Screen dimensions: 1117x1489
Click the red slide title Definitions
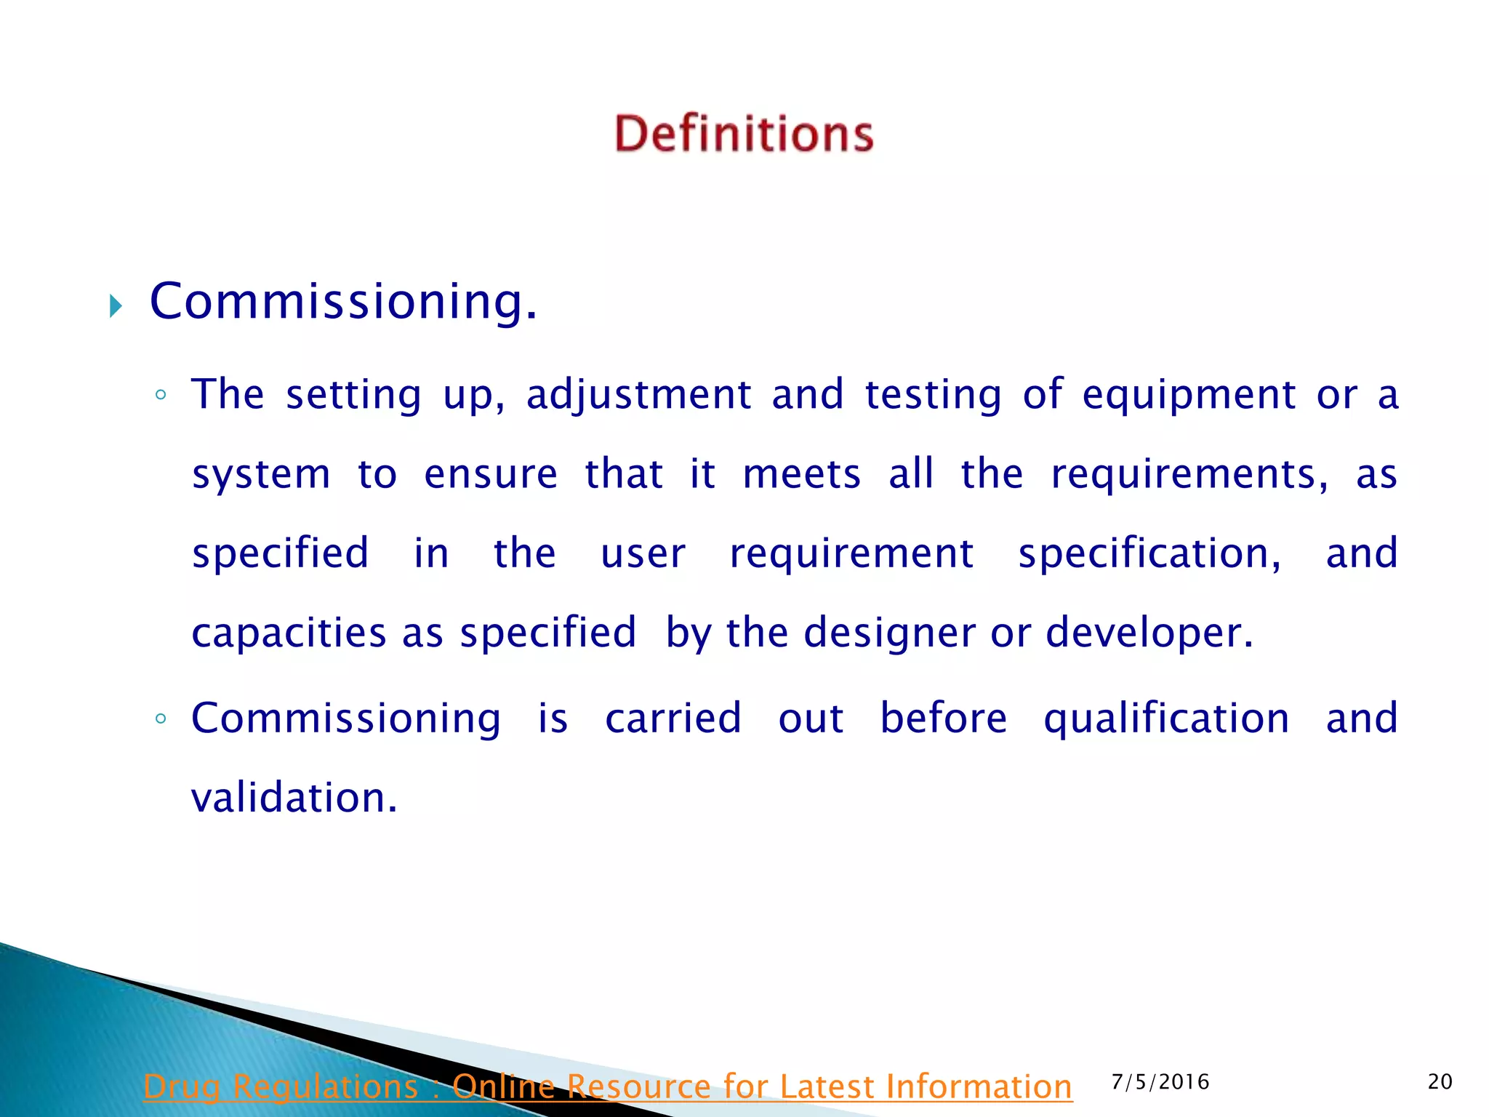[744, 134]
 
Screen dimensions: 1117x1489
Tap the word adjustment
[638, 395]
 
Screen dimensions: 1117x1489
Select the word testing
[933, 395]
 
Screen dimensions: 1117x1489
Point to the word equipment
[1189, 395]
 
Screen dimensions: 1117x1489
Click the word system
[261, 475]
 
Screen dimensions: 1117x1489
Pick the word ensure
[491, 474]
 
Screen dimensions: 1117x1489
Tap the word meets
[801, 474]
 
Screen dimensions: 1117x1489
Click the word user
[643, 553]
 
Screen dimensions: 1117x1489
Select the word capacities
[289, 632]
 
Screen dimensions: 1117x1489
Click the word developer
[1149, 633]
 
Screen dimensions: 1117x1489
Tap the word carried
[673, 718]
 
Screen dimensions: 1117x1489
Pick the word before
[944, 718]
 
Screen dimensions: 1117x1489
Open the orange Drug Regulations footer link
[607, 1086]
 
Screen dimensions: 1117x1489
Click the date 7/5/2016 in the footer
[1160, 1082]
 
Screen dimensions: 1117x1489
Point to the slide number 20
[1440, 1082]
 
